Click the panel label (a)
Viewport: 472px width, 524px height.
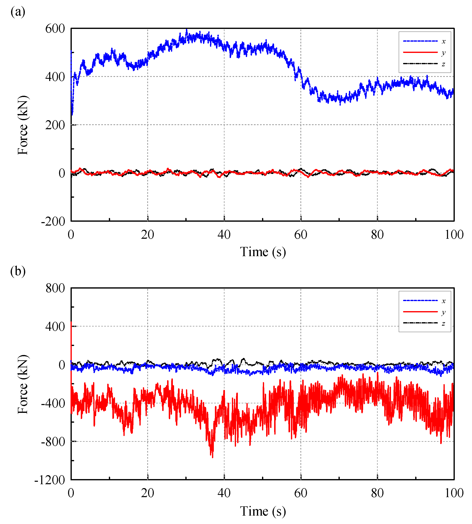pos(18,12)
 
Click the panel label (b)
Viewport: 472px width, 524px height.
pos(18,271)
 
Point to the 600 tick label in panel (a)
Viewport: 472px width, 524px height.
pos(55,29)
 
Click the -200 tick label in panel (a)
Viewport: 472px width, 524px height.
pos(53,221)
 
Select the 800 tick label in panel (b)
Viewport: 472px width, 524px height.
pos(55,288)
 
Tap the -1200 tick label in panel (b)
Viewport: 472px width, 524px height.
pos(50,480)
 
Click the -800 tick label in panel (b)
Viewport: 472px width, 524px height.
pos(53,442)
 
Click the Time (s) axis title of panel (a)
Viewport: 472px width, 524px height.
pos(263,252)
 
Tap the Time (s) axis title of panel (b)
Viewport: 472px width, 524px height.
pos(263,511)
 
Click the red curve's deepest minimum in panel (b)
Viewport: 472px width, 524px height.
pos(213,457)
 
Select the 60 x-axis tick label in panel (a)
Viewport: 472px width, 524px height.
pos(301,235)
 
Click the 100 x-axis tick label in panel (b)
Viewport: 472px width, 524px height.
pos(454,493)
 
